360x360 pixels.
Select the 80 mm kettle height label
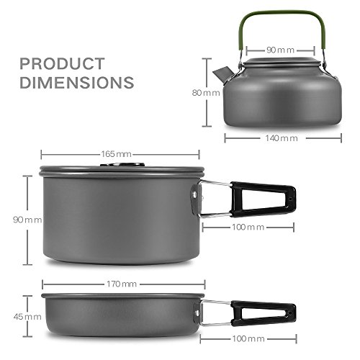tap(211, 93)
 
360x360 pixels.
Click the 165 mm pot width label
tap(119, 154)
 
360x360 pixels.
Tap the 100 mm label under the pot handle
tap(248, 227)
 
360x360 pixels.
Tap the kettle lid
tap(277, 63)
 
